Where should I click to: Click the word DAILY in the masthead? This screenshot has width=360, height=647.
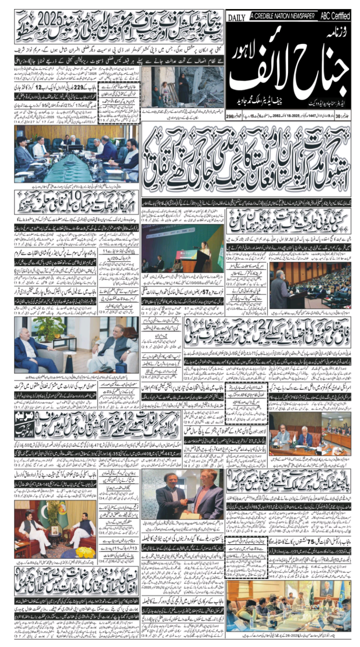236,18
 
